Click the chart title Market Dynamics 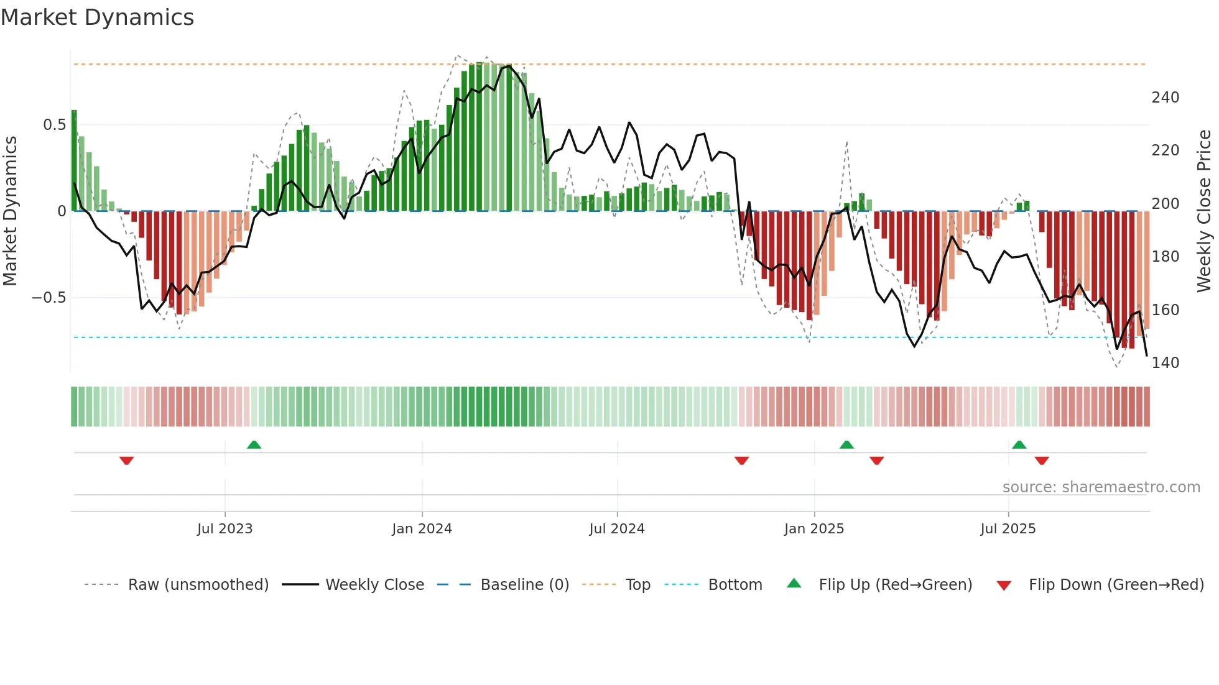[97, 17]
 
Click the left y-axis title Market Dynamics [10, 211]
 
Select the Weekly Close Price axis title [1204, 211]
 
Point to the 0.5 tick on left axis [54, 125]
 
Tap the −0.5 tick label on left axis [49, 298]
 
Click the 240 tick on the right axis [1165, 98]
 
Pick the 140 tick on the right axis [1165, 363]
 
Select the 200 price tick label [1165, 204]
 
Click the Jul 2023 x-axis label [225, 529]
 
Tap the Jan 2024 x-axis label [422, 529]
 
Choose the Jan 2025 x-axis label [813, 529]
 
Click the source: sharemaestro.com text [1101, 487]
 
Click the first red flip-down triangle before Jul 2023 [126, 461]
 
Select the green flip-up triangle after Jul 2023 [254, 444]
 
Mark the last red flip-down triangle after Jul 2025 [1042, 461]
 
